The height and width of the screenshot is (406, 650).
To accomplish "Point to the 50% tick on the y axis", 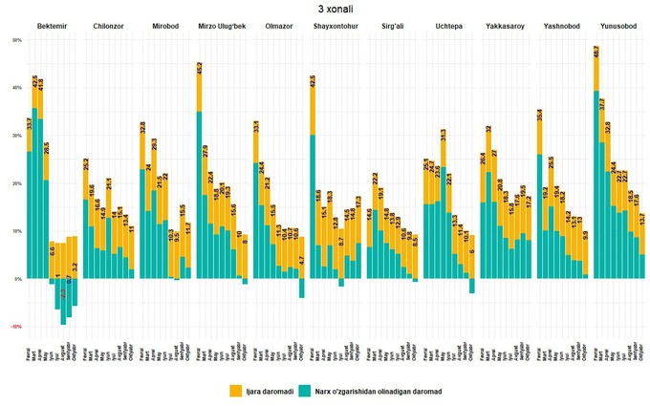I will point(16,40).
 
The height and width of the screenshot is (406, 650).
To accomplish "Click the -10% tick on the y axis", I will point(15,327).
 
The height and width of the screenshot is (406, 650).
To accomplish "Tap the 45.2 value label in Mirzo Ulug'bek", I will point(199,67).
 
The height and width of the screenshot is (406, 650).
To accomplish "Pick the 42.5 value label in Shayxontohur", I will point(313,79).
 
